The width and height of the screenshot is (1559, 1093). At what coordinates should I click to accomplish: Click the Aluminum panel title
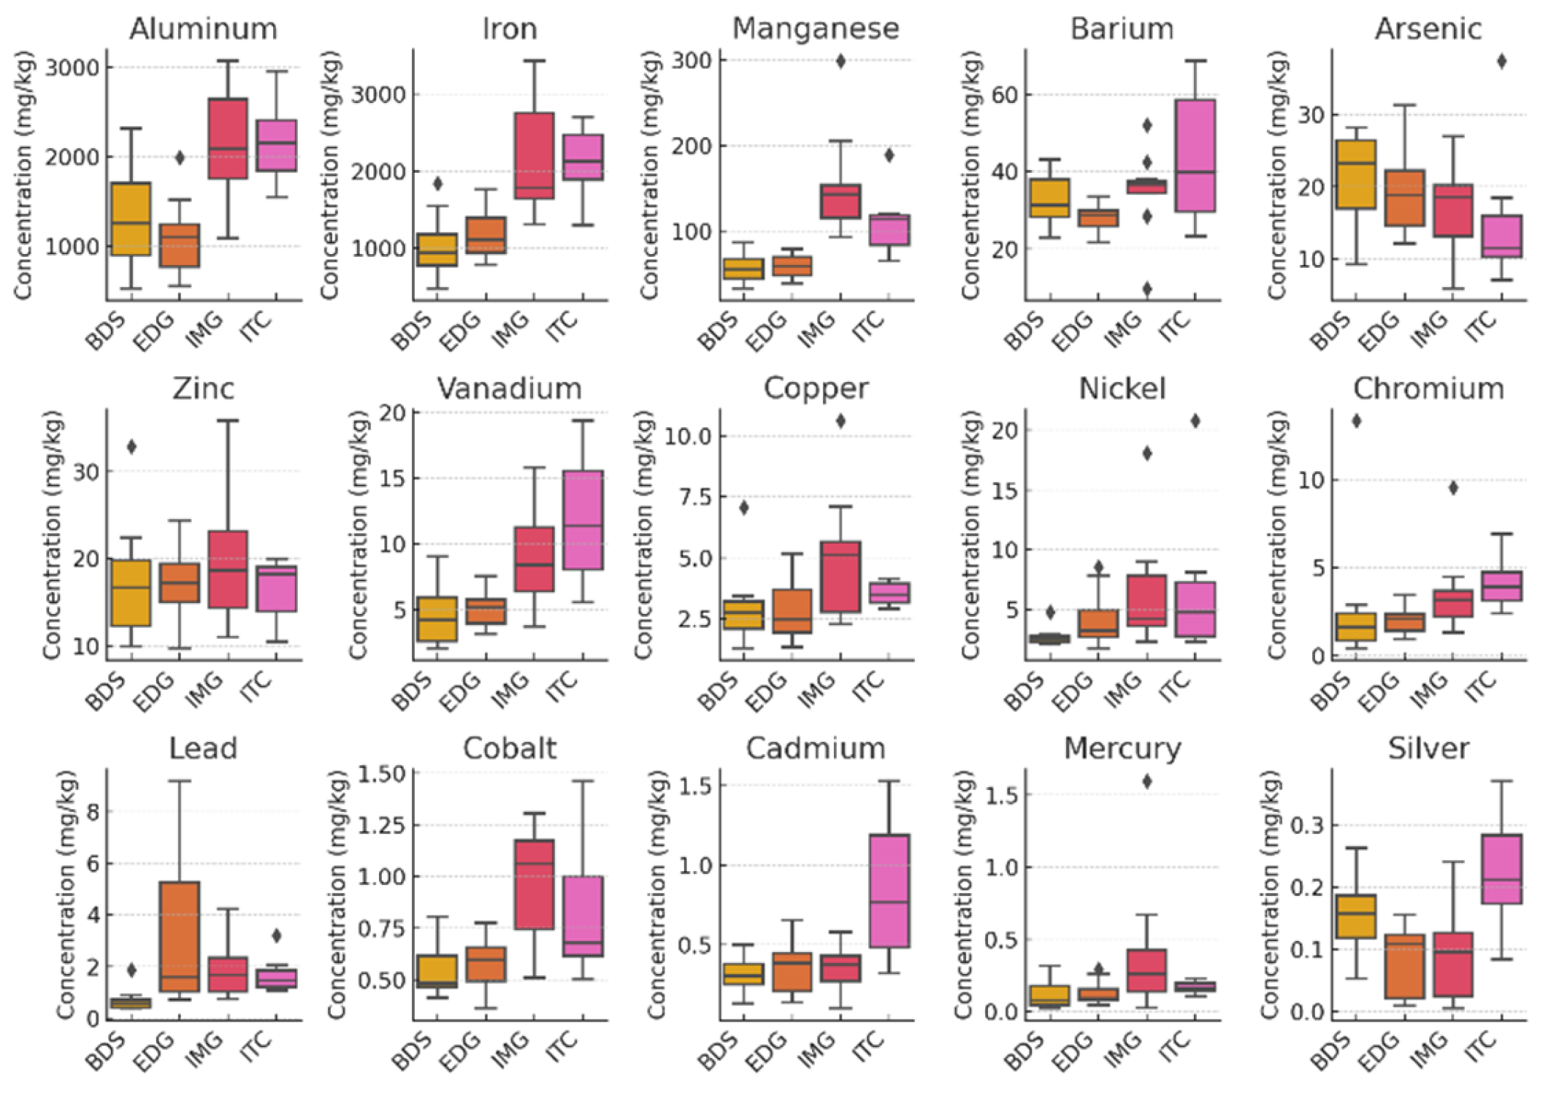pyautogui.click(x=203, y=29)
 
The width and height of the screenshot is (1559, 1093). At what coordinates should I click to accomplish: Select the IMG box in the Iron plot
pyautogui.click(x=534, y=155)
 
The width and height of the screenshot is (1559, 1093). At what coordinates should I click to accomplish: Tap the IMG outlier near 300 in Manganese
pyautogui.click(x=840, y=61)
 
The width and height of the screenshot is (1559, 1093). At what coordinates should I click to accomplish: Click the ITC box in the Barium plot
pyautogui.click(x=1195, y=156)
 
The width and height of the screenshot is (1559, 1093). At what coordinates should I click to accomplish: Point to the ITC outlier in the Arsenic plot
pyautogui.click(x=1501, y=61)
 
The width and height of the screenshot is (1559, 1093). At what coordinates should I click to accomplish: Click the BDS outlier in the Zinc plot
pyautogui.click(x=131, y=447)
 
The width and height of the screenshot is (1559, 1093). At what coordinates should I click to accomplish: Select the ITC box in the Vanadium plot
pyautogui.click(x=583, y=520)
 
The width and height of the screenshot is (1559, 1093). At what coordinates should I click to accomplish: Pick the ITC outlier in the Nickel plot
pyautogui.click(x=1195, y=421)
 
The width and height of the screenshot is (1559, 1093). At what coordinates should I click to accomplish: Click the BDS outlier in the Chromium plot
pyautogui.click(x=1356, y=421)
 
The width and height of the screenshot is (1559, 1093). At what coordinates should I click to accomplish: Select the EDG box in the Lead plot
pyautogui.click(x=180, y=936)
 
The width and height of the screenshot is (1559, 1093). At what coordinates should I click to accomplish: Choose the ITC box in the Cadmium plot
pyautogui.click(x=889, y=891)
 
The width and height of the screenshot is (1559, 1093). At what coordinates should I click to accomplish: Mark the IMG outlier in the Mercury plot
pyautogui.click(x=1147, y=781)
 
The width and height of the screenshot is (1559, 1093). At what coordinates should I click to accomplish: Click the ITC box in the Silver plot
pyautogui.click(x=1501, y=869)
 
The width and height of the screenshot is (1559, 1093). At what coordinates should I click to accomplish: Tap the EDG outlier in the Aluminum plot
pyautogui.click(x=180, y=158)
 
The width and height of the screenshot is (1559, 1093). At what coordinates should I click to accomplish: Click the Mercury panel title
pyautogui.click(x=1122, y=748)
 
